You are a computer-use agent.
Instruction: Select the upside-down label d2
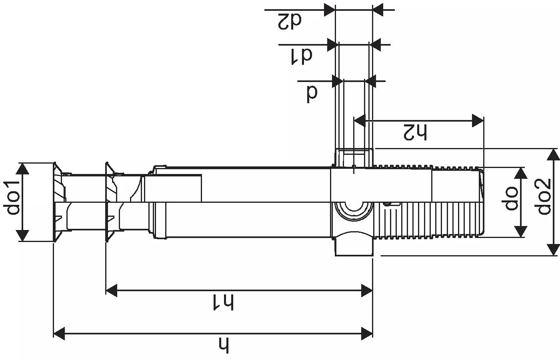pos(290,21)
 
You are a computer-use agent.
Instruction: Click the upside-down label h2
pos(415,132)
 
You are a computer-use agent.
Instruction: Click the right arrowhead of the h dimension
pos(367,333)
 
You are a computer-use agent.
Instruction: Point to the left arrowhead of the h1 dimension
pos(111,290)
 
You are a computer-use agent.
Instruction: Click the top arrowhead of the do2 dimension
pos(553,154)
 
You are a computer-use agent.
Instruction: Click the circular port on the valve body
pos(354,207)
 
